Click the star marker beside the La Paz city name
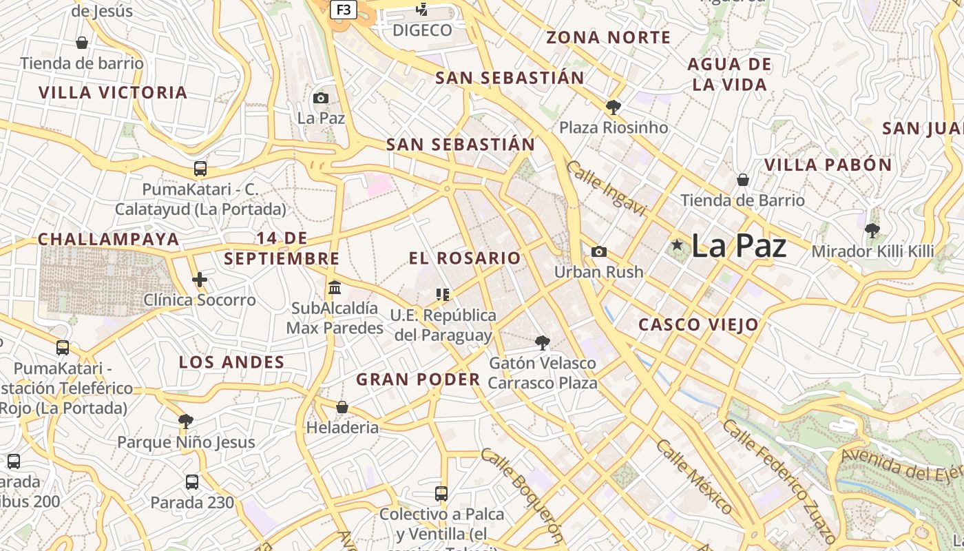click(678, 245)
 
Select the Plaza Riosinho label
click(614, 127)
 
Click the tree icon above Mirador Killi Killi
click(872, 230)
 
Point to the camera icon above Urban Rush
click(599, 251)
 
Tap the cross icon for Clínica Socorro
click(200, 280)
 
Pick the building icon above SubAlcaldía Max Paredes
click(335, 287)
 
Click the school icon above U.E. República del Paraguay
click(443, 295)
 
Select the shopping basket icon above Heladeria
click(342, 407)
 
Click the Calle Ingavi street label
click(607, 188)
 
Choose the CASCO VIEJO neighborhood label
click(698, 324)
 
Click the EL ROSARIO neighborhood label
click(465, 258)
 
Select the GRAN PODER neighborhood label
click(418, 379)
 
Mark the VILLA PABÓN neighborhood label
click(828, 165)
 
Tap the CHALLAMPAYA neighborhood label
click(108, 239)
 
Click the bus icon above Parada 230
click(192, 482)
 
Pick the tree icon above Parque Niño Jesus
click(185, 422)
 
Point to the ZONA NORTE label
click(608, 37)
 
